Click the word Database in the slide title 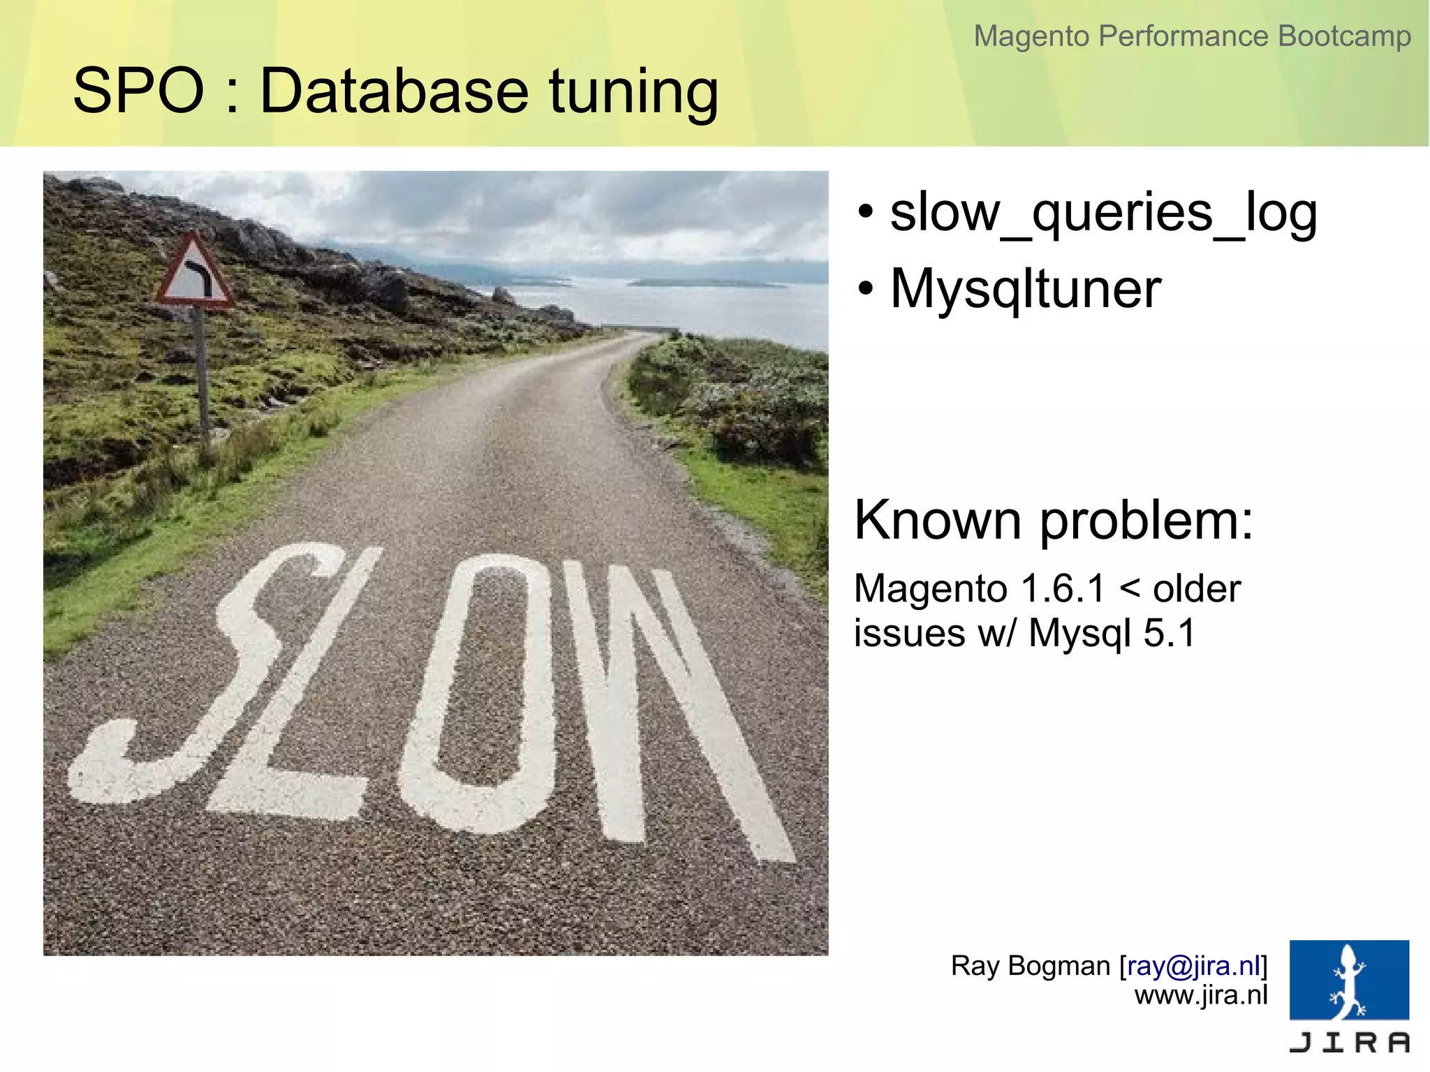(x=395, y=91)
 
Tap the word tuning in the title (x=633, y=92)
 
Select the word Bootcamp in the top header (x=1344, y=36)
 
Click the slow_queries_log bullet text (x=1103, y=213)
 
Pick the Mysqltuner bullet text (x=1025, y=288)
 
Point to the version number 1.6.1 (x=1063, y=588)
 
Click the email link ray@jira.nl (x=1193, y=966)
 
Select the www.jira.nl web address (x=1200, y=995)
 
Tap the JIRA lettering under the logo (x=1349, y=1042)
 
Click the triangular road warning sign (x=193, y=274)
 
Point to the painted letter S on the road (x=209, y=670)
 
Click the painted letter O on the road (x=482, y=691)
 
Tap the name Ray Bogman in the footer (x=1030, y=966)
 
